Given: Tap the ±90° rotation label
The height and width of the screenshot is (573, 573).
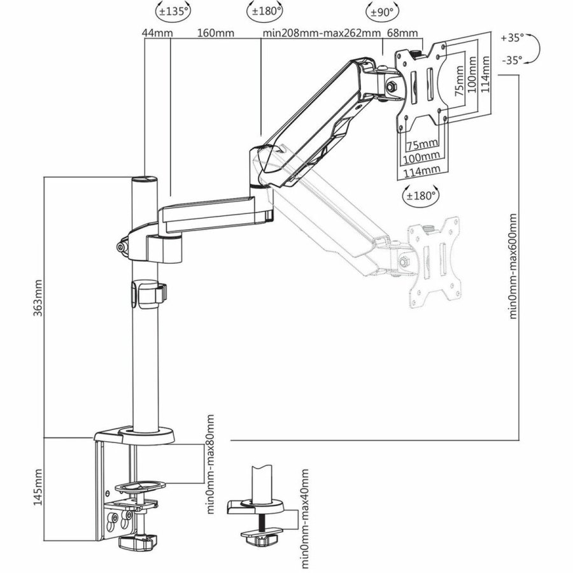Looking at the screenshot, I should coord(381,11).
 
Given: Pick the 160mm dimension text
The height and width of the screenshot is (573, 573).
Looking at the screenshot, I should coord(215,33).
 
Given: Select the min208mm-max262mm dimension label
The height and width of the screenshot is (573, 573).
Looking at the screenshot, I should coord(322,33).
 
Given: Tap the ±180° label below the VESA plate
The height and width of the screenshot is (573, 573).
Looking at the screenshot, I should coord(420,195).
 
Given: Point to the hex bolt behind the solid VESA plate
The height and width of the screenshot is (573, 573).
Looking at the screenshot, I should coord(390,85).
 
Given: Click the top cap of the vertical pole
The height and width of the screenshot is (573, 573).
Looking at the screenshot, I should coord(144,180).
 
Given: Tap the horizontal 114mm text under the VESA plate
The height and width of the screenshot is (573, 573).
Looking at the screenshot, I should coord(422,170).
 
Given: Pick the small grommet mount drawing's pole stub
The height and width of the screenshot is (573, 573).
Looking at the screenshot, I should coord(261,484).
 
